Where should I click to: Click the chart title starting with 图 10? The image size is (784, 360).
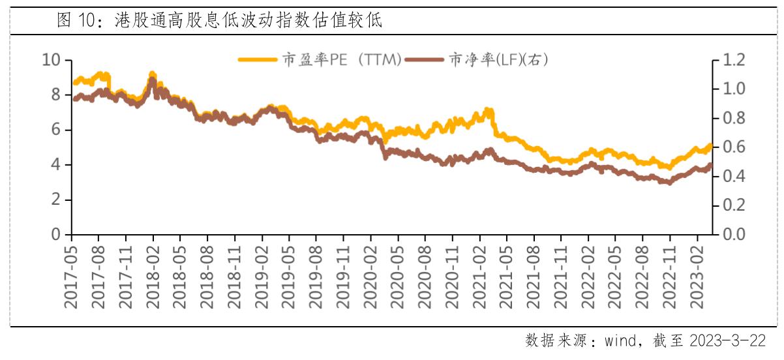click(219, 20)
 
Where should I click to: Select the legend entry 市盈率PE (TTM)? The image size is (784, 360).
click(320, 60)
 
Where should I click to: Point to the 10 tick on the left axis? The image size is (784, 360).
click(52, 61)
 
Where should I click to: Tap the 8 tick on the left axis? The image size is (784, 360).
click(57, 95)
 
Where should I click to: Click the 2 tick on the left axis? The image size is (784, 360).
click(57, 200)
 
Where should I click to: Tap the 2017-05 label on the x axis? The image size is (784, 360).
click(72, 275)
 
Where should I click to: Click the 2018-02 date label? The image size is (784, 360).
click(153, 275)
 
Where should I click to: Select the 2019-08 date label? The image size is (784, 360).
click(316, 275)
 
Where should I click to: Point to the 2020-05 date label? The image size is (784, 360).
click(398, 275)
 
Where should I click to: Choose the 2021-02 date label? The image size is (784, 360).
click(479, 275)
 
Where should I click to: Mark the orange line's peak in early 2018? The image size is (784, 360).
click(152, 74)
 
